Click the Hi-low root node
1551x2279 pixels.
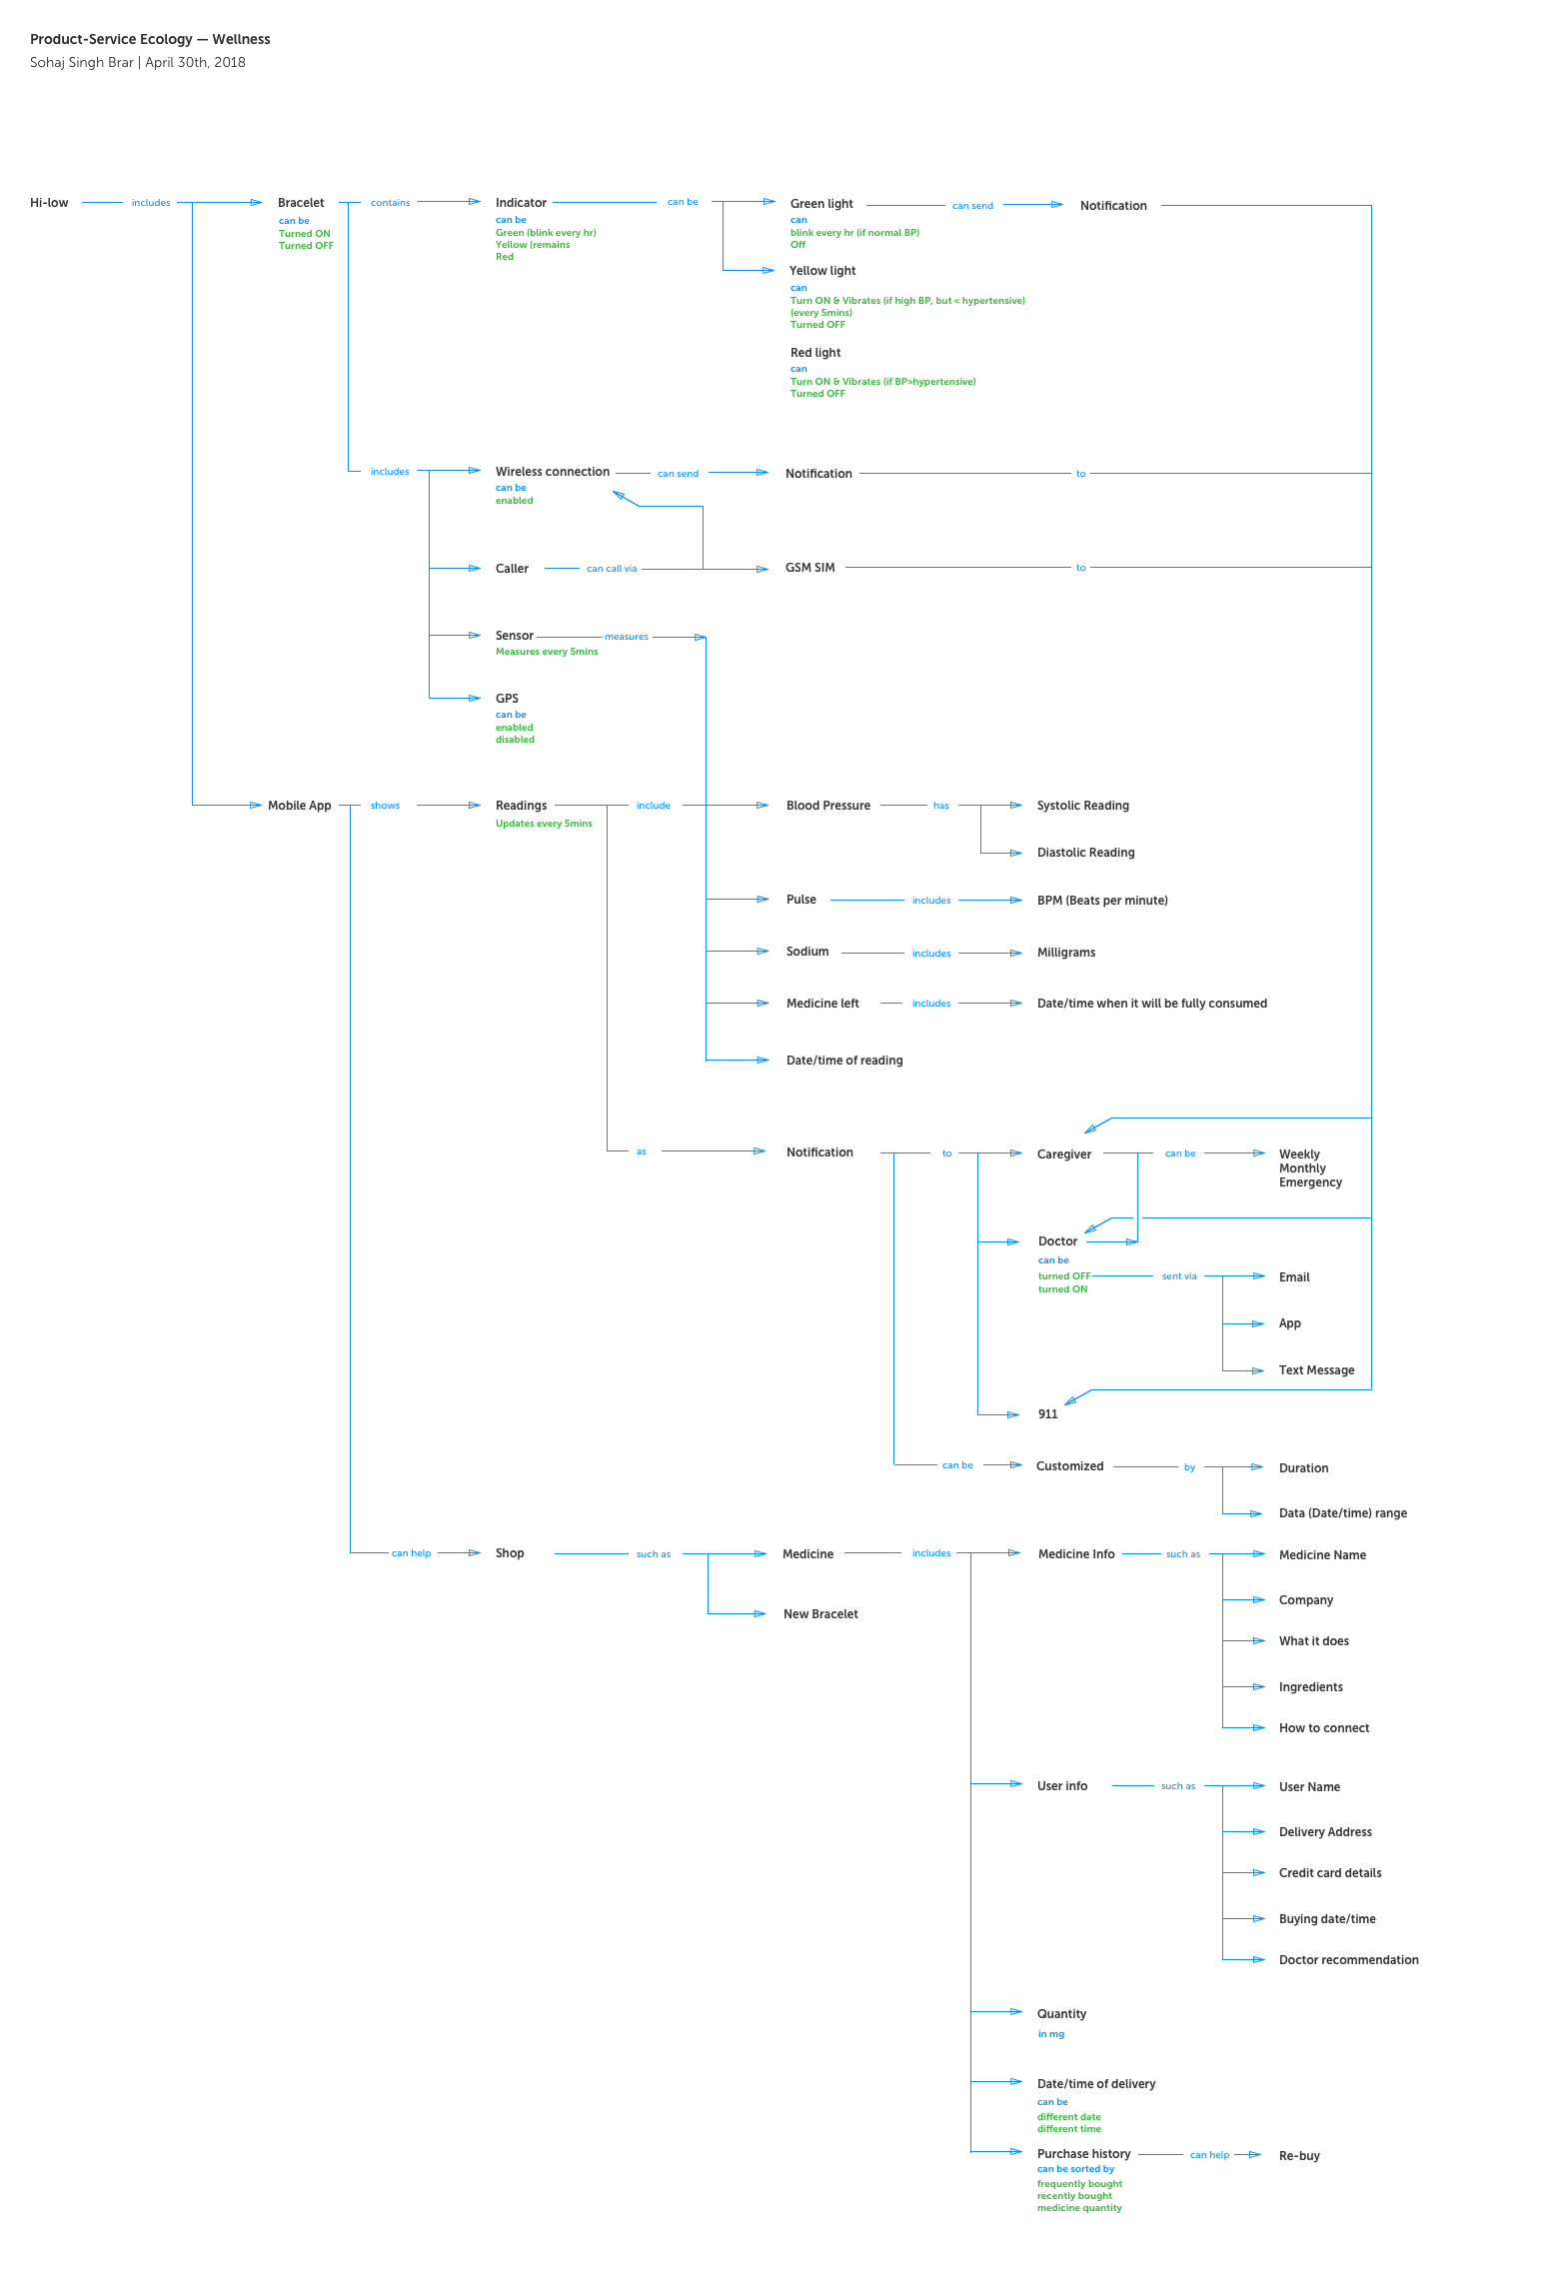pyautogui.click(x=49, y=203)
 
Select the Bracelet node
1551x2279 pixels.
pyautogui.click(x=301, y=203)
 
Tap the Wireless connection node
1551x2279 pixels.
pyautogui.click(x=552, y=472)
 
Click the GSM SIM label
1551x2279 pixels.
pyautogui.click(x=809, y=568)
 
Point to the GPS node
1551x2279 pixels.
pyautogui.click(x=507, y=699)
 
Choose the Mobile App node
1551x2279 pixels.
pyautogui.click(x=299, y=806)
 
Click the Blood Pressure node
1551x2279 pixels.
pyautogui.click(x=827, y=806)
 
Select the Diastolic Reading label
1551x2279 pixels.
pyautogui.click(x=1085, y=853)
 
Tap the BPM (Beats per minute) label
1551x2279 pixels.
pyautogui.click(x=1102, y=901)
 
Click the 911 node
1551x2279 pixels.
pyautogui.click(x=1047, y=1414)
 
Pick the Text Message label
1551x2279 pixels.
pyautogui.click(x=1316, y=1370)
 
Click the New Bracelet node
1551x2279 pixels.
pyautogui.click(x=820, y=1614)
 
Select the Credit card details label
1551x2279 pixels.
pyautogui.click(x=1329, y=1873)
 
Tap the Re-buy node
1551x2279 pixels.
pyautogui.click(x=1299, y=2156)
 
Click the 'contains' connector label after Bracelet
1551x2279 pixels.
pyautogui.click(x=390, y=203)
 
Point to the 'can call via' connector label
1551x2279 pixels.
pyautogui.click(x=612, y=569)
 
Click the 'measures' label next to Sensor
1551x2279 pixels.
pyautogui.click(x=626, y=637)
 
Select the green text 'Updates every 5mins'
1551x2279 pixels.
pyautogui.click(x=544, y=824)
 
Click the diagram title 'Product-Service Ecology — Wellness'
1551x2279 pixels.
pyautogui.click(x=150, y=40)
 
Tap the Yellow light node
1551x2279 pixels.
pyautogui.click(x=822, y=271)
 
